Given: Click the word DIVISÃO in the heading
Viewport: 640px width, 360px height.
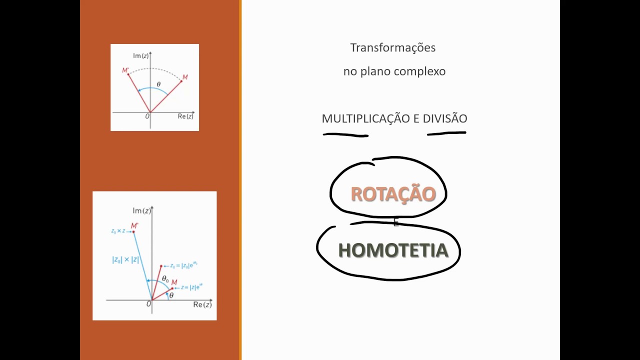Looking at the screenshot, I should point(445,118).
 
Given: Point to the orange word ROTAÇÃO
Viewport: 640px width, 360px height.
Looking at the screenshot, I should point(393,194).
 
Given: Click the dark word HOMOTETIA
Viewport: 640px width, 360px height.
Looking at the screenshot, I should point(393,250).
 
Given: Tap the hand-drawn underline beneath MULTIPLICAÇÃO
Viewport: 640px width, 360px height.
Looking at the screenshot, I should point(345,134).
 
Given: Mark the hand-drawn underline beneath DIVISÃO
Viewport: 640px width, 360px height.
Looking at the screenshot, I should point(446,133).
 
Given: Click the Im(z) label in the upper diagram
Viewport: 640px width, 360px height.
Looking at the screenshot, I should point(140,55).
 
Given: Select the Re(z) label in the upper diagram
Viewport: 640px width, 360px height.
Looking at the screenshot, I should point(185,116).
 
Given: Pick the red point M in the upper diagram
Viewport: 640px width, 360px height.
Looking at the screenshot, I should point(181,81).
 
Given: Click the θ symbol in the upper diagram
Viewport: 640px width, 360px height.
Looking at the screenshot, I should point(158,84).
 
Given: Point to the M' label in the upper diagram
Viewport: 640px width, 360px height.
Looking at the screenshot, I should point(125,70).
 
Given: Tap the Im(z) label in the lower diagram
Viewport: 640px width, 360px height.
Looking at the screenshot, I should point(141,210).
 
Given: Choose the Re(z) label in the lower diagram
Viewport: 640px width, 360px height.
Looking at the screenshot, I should point(202,304).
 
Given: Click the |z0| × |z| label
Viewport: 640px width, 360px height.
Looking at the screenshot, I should point(125,260).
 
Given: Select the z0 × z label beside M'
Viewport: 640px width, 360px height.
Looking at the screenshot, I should point(118,231).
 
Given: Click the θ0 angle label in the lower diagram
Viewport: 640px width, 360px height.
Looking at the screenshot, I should point(165,279).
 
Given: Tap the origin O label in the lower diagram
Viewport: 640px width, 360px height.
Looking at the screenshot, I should point(148,304).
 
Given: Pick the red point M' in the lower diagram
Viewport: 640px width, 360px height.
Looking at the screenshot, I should point(133,232).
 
